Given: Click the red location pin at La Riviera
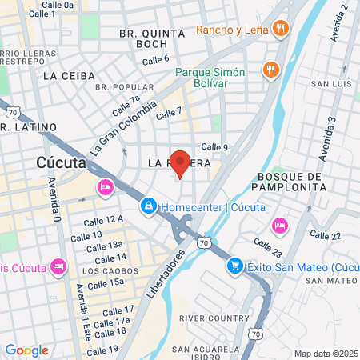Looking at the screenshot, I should tap(181, 163).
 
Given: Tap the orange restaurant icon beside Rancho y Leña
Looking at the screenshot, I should tap(280, 30).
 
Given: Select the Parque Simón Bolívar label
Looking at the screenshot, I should tap(212, 77).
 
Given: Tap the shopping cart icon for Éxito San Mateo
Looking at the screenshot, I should tap(235, 266).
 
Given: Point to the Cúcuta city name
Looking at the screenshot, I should tap(62, 162).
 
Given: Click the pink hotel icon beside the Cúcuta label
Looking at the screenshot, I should tap(104, 187).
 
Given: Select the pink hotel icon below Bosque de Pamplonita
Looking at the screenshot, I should tap(279, 225).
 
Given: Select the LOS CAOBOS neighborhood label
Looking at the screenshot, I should tap(105, 270).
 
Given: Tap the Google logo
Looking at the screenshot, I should tap(26, 350).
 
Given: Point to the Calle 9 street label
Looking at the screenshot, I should tap(214, 146).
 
